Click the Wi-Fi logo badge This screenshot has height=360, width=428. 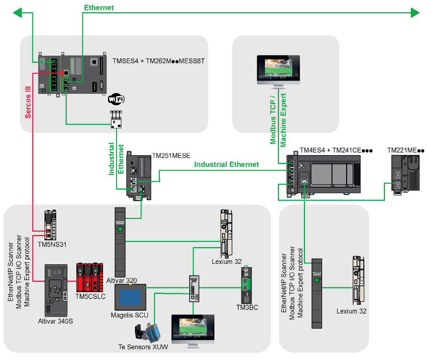click(x=116, y=99)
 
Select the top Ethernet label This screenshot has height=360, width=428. click(x=99, y=7)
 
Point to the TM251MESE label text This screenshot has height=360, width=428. click(x=171, y=155)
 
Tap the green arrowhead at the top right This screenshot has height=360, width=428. click(x=414, y=13)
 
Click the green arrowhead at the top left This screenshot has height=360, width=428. click(x=18, y=13)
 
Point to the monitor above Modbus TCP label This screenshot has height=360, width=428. click(x=278, y=70)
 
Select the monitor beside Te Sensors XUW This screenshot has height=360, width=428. click(x=192, y=330)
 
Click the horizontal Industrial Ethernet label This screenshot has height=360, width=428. click(x=227, y=165)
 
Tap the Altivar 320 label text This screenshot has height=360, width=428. click(x=122, y=281)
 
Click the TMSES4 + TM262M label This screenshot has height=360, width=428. click(x=159, y=61)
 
